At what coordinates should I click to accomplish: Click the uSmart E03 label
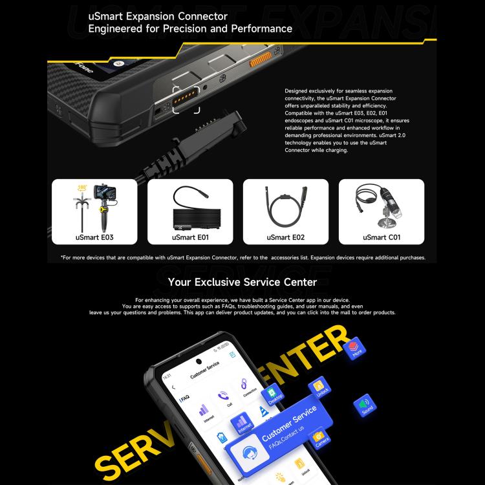click(94, 237)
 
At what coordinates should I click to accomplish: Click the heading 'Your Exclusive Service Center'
click(242, 282)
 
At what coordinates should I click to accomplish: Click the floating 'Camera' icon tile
click(320, 438)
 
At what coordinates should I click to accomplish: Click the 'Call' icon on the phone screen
click(224, 396)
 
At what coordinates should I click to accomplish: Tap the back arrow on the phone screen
click(173, 387)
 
